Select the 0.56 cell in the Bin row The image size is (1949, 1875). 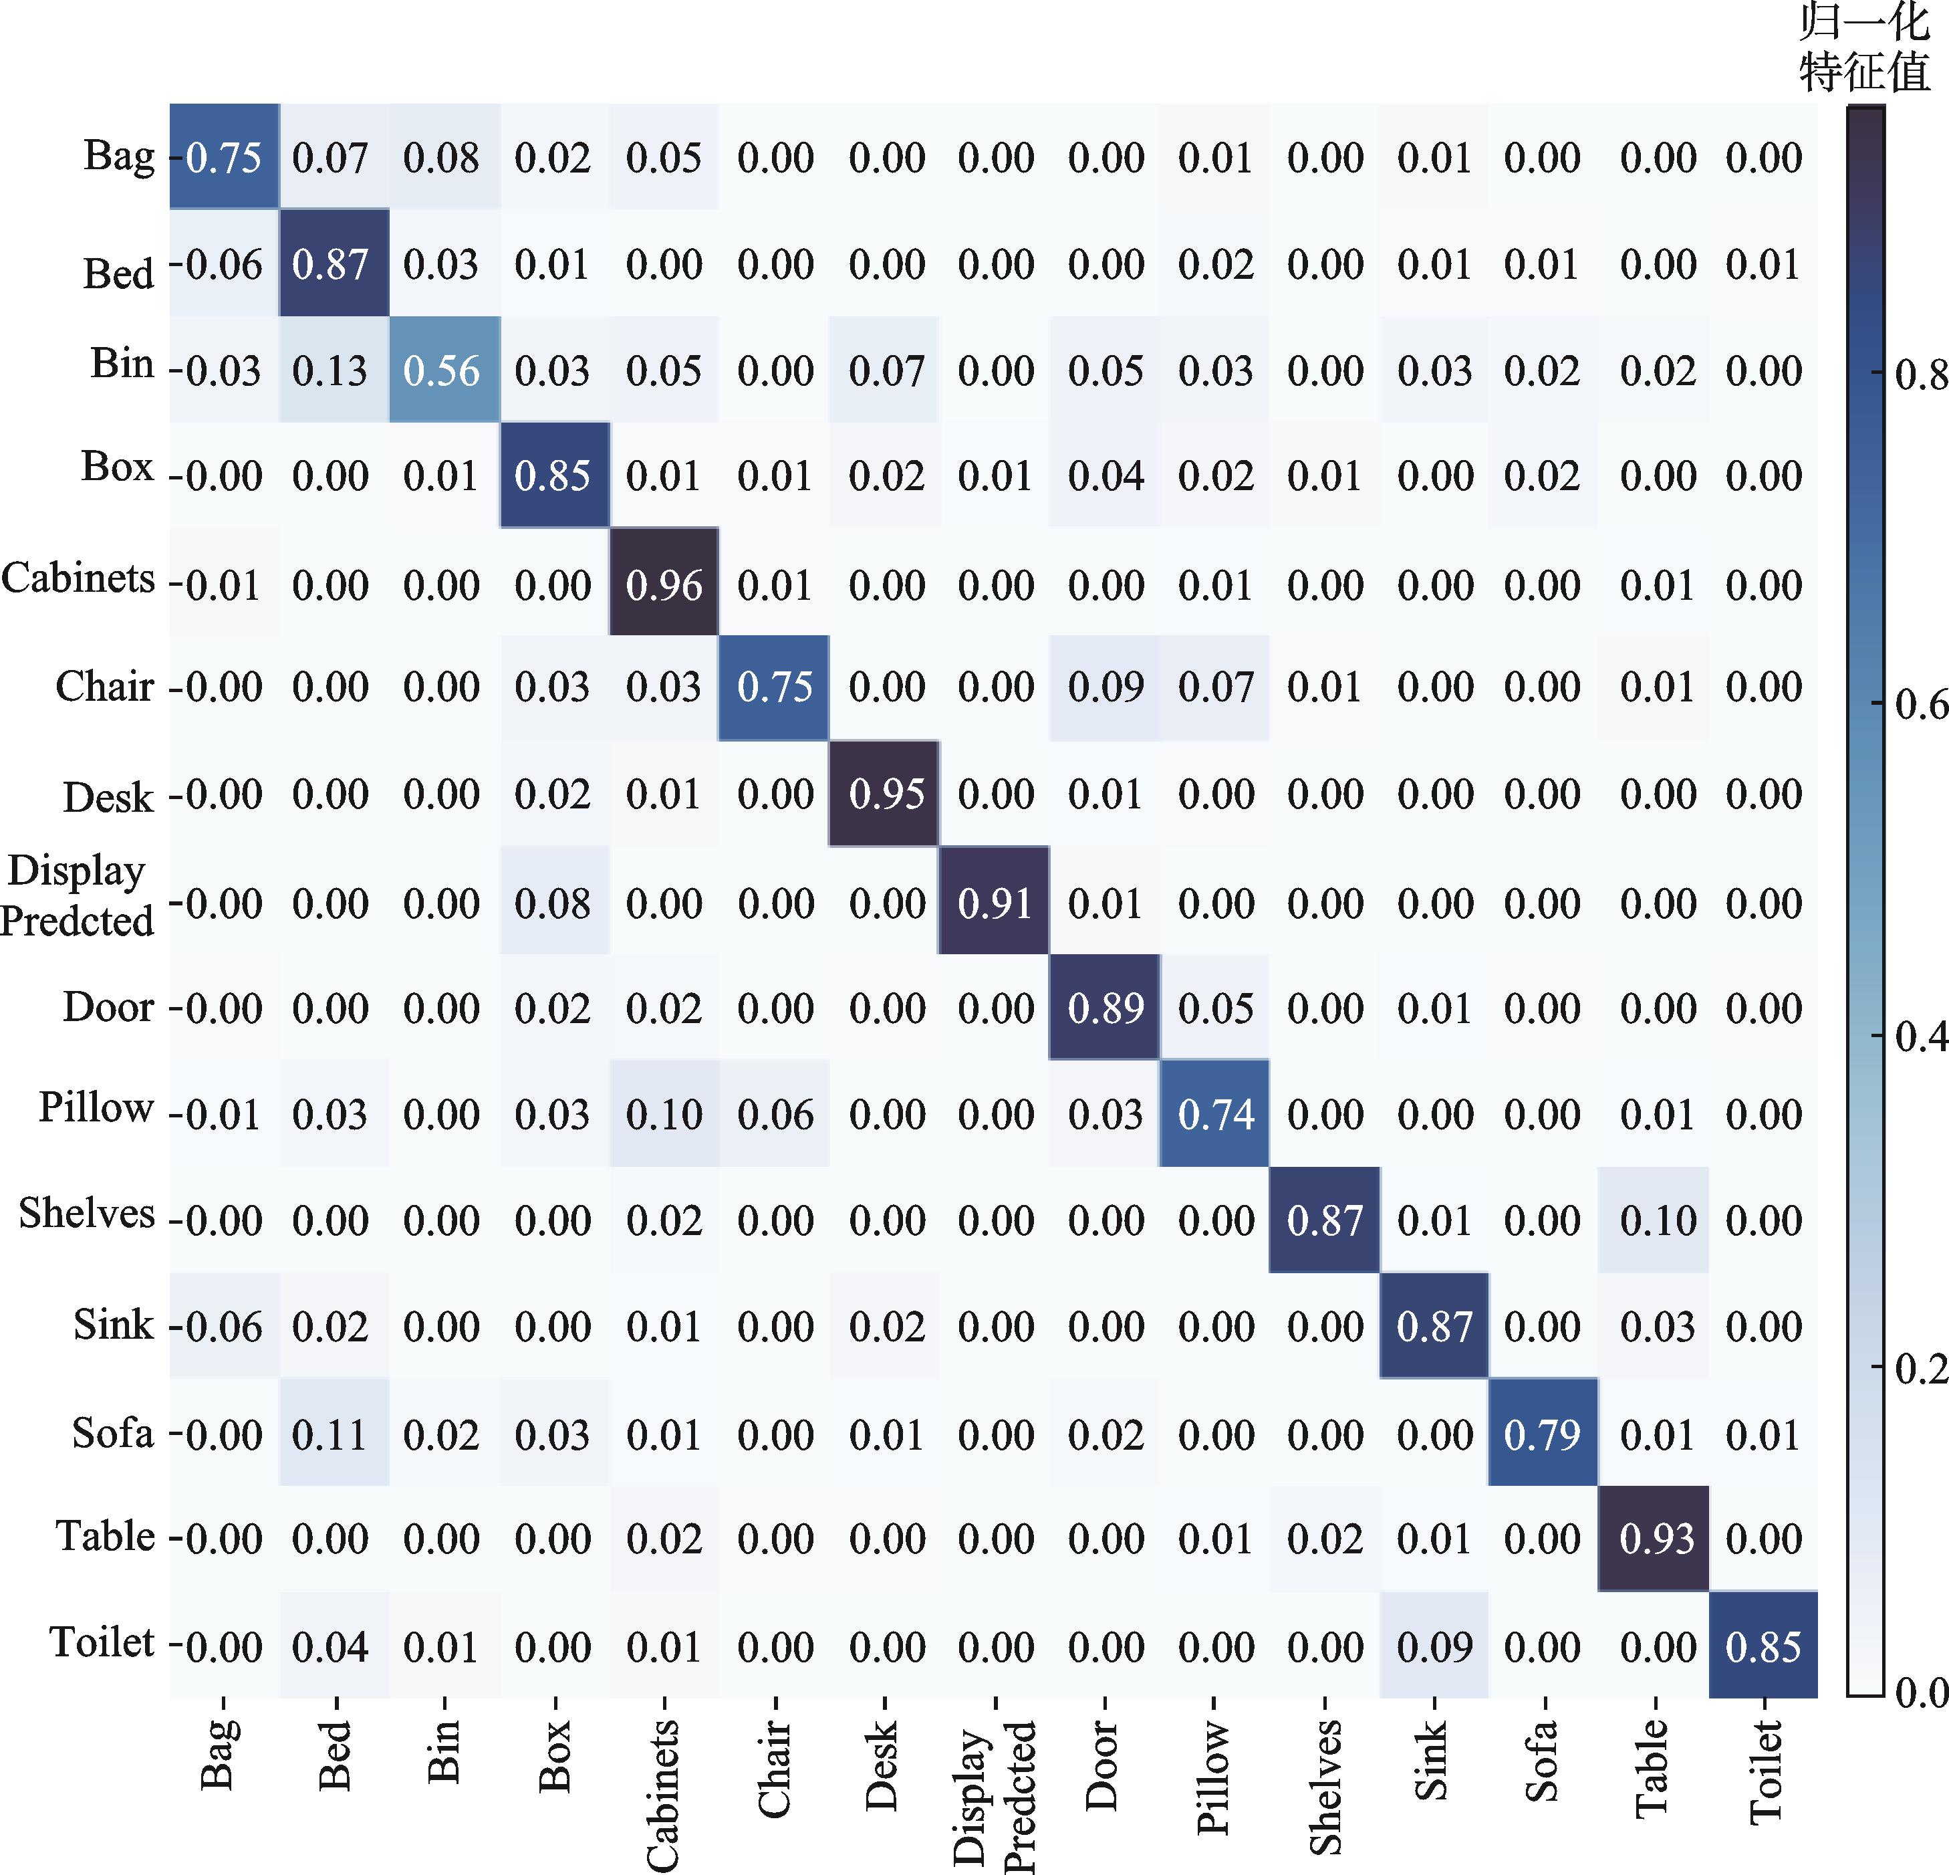point(442,370)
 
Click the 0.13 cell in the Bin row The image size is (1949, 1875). point(330,370)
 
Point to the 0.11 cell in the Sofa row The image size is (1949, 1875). point(330,1434)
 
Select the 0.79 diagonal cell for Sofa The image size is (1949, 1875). point(1543,1434)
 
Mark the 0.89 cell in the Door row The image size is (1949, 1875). point(1106,1008)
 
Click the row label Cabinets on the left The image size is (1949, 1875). point(78,578)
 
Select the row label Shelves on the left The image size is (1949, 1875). point(88,1214)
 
